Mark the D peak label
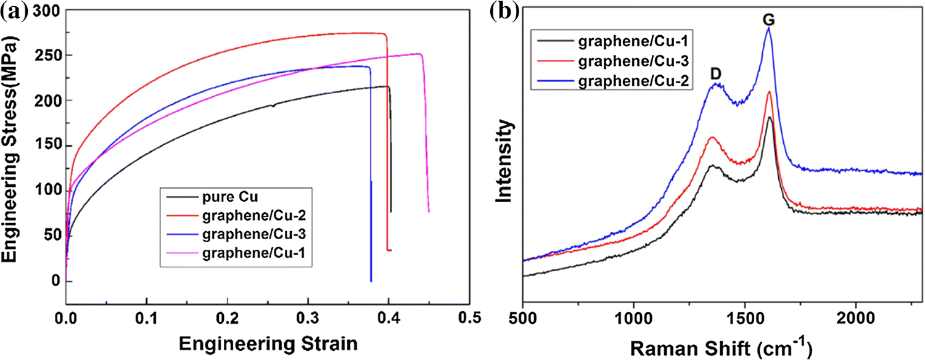coord(716,73)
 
